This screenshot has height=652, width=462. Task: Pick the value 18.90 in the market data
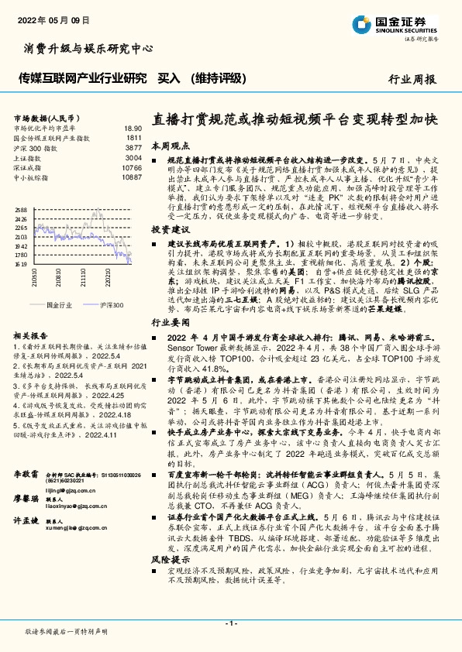point(133,128)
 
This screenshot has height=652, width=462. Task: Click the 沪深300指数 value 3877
point(133,147)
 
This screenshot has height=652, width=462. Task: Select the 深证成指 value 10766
point(132,167)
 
